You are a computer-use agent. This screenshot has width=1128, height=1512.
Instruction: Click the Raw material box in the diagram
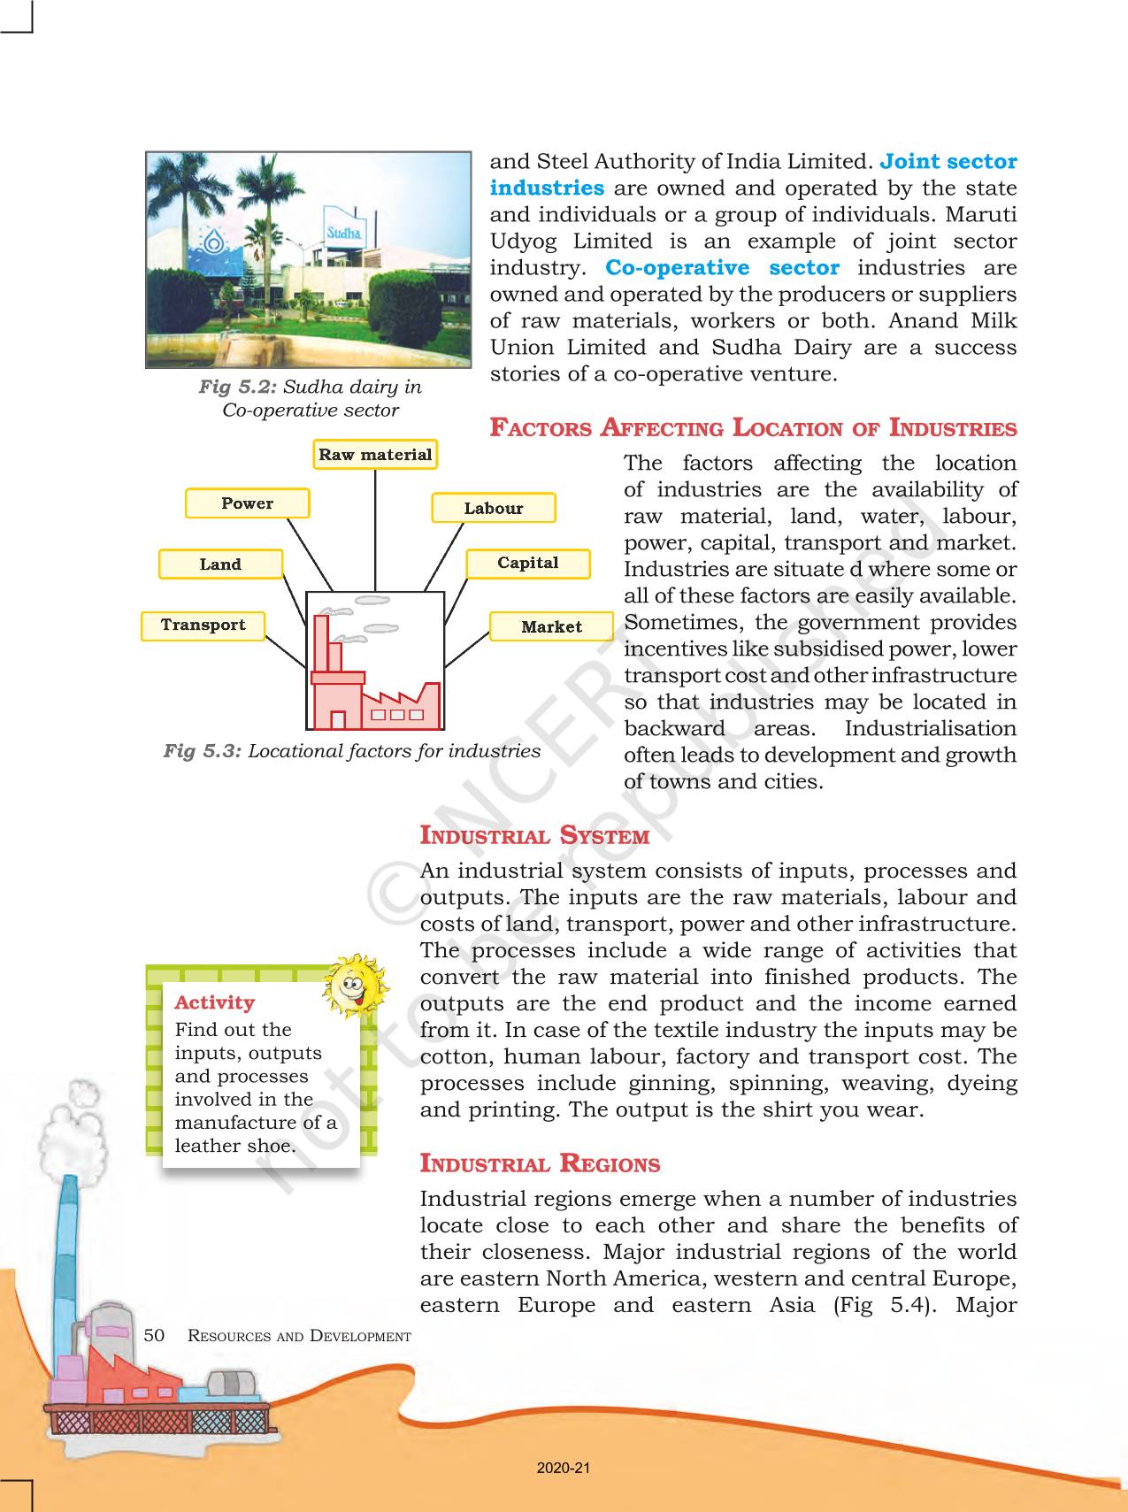click(375, 455)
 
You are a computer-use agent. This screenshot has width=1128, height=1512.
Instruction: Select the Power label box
click(248, 503)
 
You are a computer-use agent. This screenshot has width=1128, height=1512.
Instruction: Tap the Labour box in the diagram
click(494, 509)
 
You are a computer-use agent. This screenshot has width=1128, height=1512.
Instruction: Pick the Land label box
click(220, 564)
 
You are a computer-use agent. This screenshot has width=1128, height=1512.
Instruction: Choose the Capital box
click(527, 564)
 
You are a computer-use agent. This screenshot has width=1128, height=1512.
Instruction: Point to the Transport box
click(203, 626)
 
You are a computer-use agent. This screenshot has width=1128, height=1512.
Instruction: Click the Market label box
click(551, 627)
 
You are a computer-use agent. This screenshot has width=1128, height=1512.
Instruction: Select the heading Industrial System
click(534, 835)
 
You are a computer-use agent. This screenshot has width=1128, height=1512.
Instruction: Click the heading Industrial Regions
click(540, 1163)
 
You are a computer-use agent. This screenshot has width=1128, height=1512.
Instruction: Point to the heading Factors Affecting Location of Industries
click(753, 428)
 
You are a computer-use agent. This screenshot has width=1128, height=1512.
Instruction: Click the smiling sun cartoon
click(354, 984)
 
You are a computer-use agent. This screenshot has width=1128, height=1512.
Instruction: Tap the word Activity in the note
click(215, 1002)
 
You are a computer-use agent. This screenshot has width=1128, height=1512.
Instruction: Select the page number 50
click(154, 1335)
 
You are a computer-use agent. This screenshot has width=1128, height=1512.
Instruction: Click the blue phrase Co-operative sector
click(722, 268)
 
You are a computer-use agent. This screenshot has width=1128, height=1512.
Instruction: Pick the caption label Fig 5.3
click(203, 751)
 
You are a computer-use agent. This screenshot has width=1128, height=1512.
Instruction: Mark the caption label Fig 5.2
click(238, 387)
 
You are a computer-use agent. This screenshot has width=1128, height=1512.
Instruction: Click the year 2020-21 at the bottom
click(564, 1468)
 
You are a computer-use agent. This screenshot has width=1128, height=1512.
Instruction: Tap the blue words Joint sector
click(948, 162)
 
